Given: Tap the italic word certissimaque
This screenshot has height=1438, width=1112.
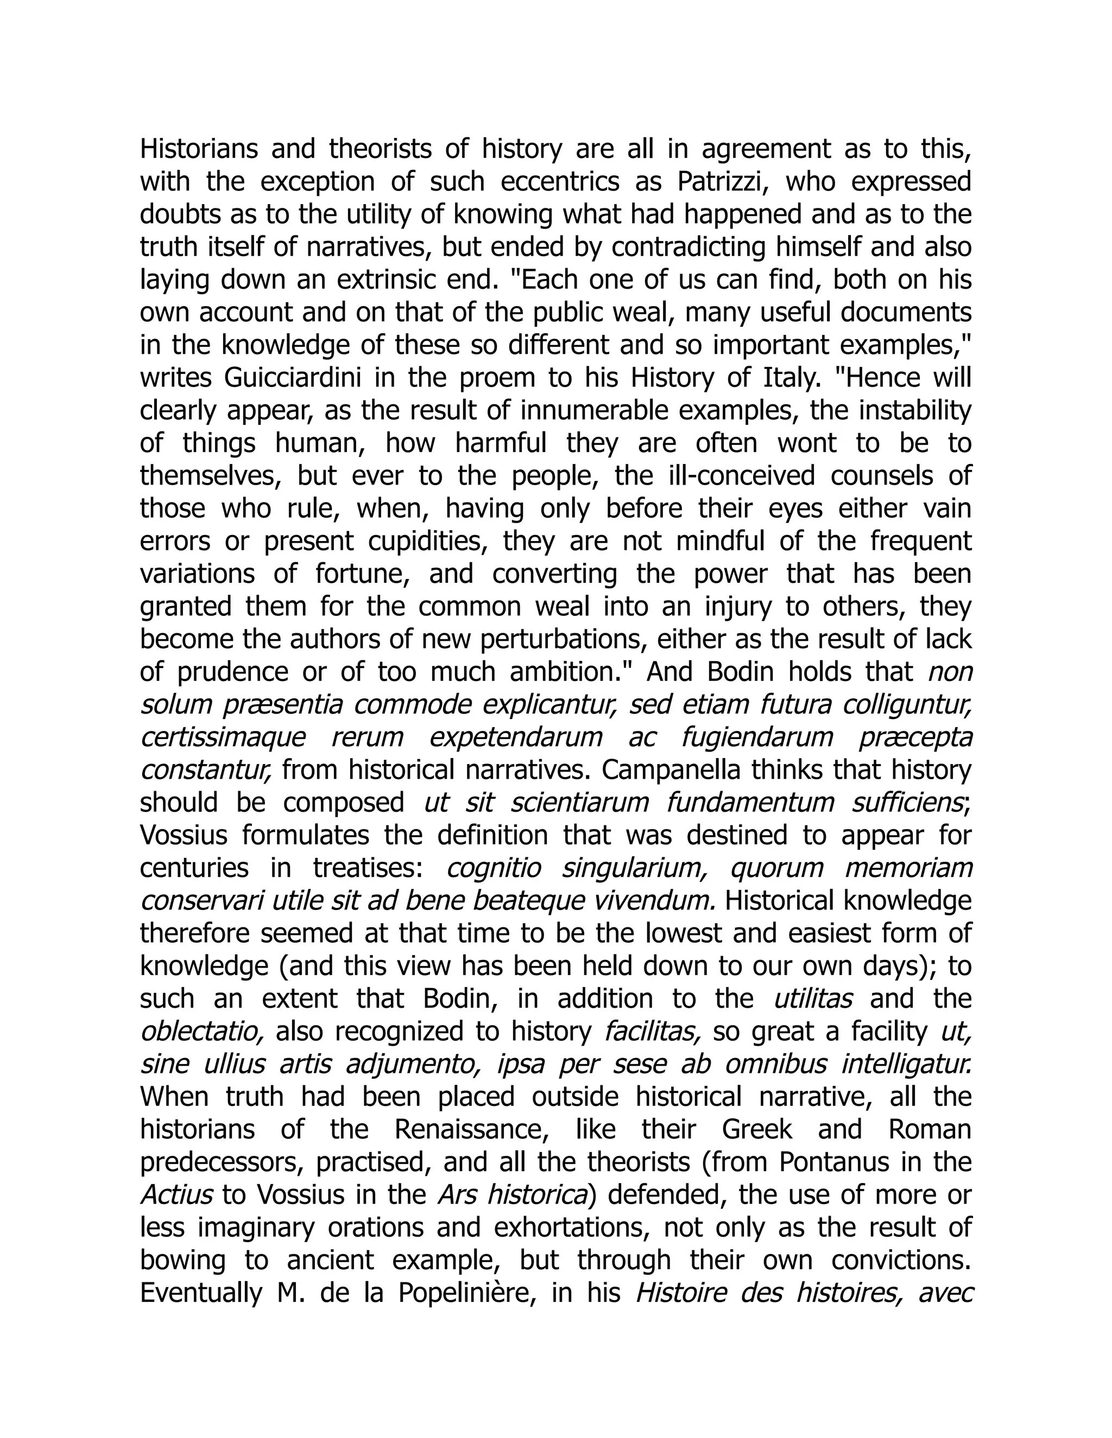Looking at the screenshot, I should (223, 737).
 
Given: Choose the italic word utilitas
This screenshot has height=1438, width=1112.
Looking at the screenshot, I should (813, 999).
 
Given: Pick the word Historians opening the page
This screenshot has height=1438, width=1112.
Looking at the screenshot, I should (199, 149).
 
